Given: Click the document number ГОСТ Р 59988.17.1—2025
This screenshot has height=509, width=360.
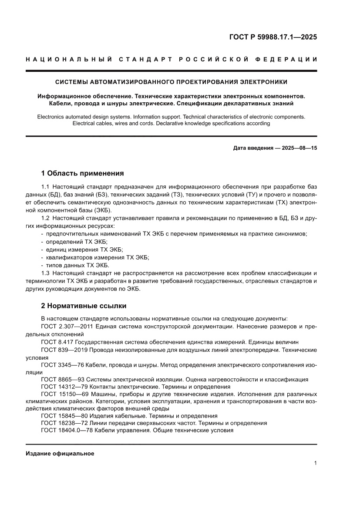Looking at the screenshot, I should point(273,37).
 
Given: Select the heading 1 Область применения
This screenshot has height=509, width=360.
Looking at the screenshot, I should point(82,173).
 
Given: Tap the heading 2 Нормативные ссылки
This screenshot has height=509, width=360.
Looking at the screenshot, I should point(84,306).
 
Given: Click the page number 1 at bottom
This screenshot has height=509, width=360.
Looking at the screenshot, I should point(315,463).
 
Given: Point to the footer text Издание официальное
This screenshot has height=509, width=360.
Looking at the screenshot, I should point(60,454).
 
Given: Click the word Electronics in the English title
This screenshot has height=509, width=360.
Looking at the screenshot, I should point(52,117).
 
